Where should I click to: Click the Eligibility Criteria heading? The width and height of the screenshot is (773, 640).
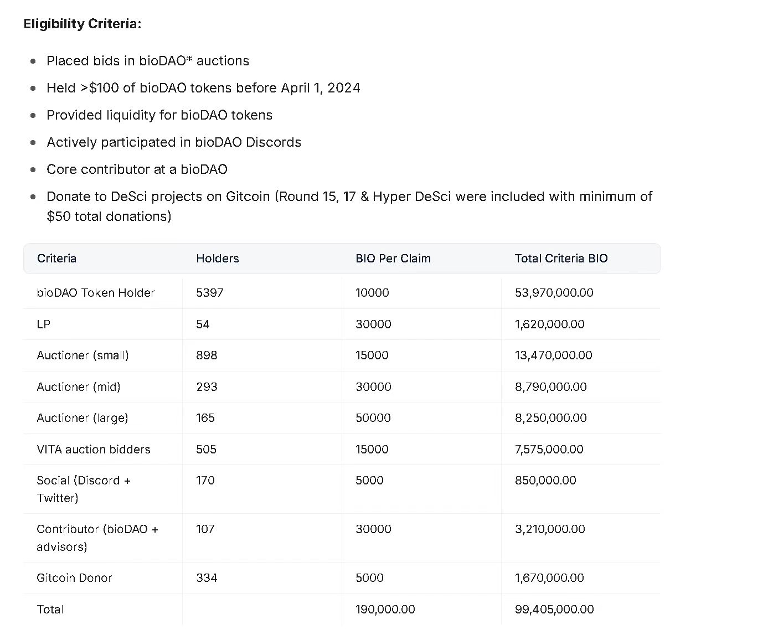83,24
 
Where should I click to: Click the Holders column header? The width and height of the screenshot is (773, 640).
218,259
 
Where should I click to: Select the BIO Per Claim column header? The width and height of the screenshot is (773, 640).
393,259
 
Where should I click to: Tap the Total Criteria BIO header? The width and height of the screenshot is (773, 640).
561,259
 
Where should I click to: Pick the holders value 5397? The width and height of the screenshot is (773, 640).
210,293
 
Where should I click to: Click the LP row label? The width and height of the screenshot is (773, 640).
44,324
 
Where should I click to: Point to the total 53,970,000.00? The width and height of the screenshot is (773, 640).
554,293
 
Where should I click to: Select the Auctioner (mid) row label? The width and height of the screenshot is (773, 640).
79,387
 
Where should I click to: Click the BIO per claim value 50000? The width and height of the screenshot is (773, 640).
373,418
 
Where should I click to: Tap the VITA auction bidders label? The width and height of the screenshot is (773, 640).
94,450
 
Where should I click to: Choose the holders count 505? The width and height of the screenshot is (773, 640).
207,450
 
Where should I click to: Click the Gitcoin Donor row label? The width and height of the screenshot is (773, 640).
74,578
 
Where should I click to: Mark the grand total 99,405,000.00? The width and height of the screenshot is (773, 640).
554,610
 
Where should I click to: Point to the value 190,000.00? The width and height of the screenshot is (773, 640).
385,610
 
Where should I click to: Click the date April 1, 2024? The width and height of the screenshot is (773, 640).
321,88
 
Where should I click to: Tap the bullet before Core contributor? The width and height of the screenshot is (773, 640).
34,169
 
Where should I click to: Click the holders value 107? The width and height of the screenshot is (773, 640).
205,529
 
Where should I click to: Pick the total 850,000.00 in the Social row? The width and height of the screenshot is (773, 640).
545,481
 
